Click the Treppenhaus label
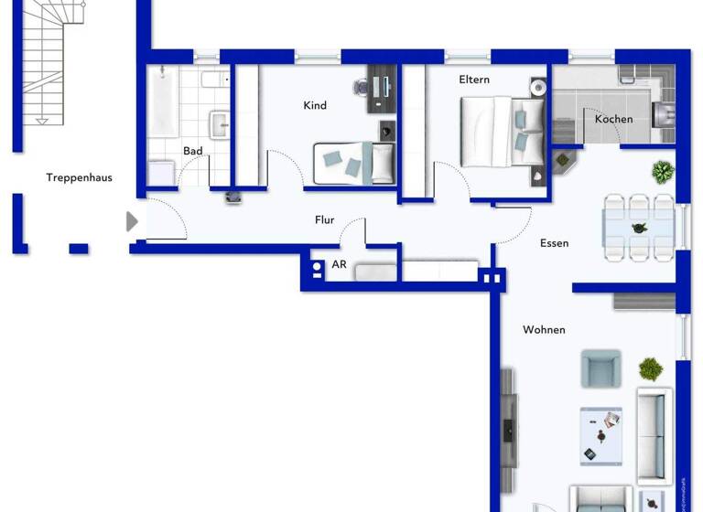point(80,177)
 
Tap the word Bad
point(192,151)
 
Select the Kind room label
point(315,105)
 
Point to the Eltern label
point(474,80)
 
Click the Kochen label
point(613,119)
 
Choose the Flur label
point(324,219)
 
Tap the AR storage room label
point(339,265)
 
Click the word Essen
point(555,243)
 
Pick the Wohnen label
point(544,329)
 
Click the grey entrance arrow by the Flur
point(132,221)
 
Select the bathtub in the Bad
point(165,101)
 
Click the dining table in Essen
point(639,227)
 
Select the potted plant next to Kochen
point(662,170)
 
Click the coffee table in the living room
point(600,435)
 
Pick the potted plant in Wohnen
point(651,369)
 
